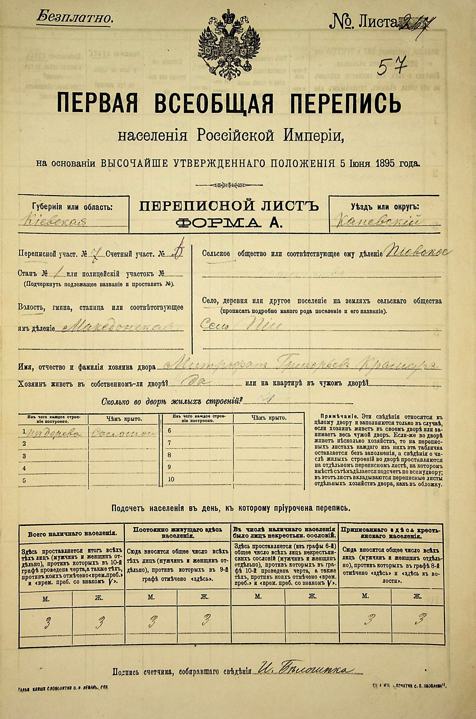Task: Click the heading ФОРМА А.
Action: tap(229, 222)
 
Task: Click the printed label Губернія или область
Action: tap(72, 207)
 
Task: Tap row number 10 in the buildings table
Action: tap(171, 479)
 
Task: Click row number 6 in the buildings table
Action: tap(169, 431)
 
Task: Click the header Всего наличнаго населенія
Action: tap(72, 533)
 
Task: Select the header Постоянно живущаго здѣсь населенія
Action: tap(177, 533)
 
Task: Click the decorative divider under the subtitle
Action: tap(229, 185)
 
